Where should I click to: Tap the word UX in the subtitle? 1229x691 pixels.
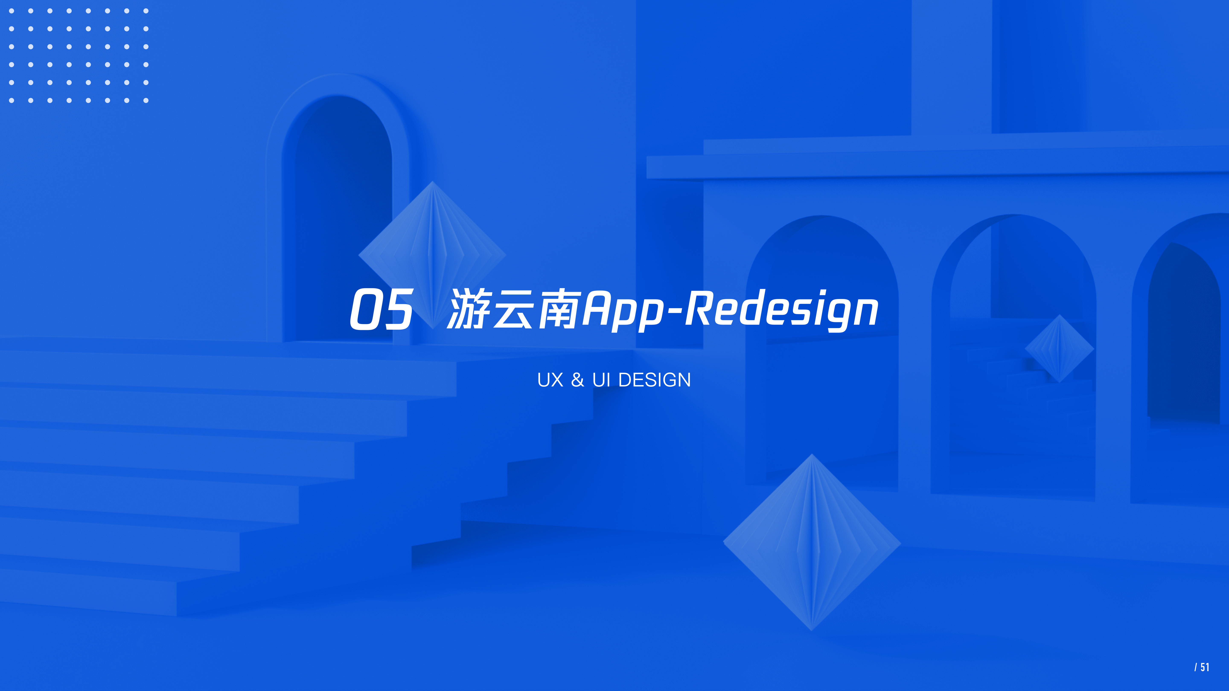[550, 380]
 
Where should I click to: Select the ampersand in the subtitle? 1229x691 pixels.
[577, 380]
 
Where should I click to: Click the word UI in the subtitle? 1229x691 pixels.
[601, 380]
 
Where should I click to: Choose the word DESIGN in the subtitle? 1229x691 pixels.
[655, 380]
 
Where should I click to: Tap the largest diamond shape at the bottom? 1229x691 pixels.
[811, 542]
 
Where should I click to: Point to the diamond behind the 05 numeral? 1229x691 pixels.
[432, 238]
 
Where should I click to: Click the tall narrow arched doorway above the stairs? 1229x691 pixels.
[337, 215]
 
